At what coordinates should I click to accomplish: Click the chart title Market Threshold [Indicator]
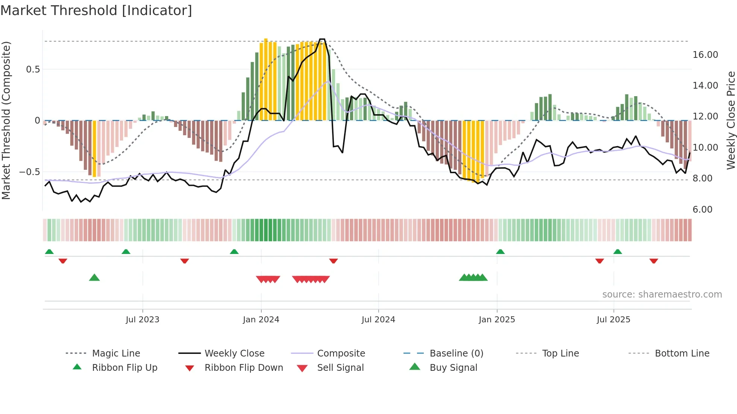96,11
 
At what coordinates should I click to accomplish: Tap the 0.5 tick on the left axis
33,70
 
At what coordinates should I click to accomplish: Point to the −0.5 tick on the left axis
29,172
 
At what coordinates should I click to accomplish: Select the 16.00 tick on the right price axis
705,55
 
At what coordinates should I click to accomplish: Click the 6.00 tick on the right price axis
702,210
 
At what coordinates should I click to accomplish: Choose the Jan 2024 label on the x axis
261,320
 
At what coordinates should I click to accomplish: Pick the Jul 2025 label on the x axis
613,320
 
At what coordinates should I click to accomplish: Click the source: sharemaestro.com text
662,295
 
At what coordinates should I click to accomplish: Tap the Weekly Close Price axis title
731,120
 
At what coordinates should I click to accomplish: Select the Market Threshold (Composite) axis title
6,120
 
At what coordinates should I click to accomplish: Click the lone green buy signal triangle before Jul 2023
94,278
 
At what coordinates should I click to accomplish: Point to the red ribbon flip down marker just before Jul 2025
599,261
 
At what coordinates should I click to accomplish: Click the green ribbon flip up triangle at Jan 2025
500,251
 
